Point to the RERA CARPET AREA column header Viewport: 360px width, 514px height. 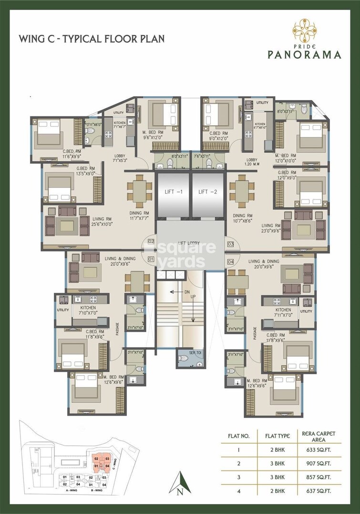(x=319, y=436)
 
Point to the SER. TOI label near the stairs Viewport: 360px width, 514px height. (x=183, y=355)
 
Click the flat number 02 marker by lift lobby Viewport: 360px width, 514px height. (x=151, y=241)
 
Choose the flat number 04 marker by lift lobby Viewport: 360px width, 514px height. (x=230, y=262)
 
